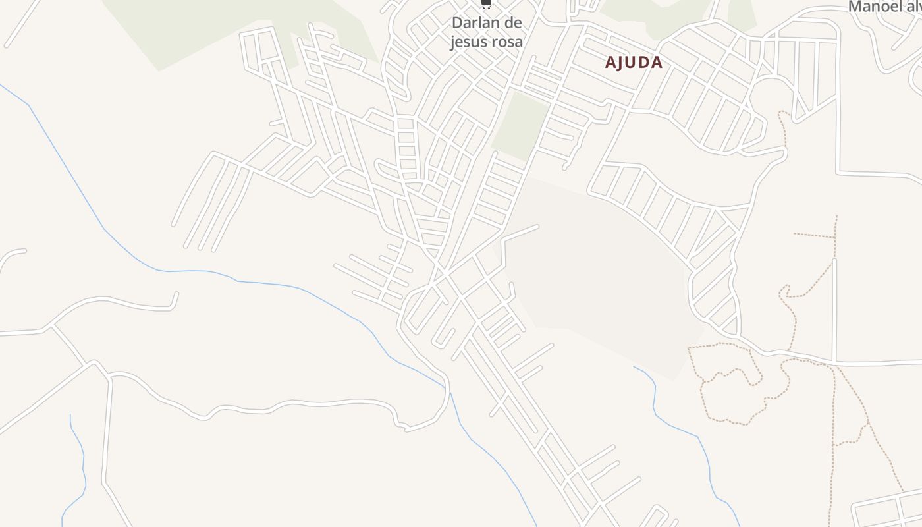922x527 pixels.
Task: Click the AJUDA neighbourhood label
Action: point(634,63)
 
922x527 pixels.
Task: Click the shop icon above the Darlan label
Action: point(486,4)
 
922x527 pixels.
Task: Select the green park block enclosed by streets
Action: point(520,125)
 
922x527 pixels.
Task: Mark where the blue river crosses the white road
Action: point(450,392)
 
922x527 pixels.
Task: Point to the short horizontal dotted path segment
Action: point(814,235)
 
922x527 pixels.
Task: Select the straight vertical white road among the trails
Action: point(834,310)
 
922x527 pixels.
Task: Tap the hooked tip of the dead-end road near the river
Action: point(175,300)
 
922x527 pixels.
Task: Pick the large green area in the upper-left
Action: point(198,26)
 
